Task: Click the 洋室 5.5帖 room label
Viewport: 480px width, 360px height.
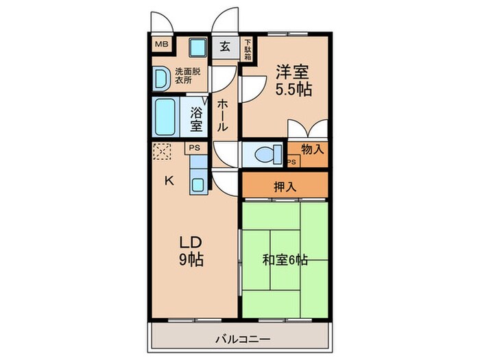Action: click(293, 80)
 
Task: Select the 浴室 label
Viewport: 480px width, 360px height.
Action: click(196, 119)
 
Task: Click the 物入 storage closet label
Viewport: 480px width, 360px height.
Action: click(312, 148)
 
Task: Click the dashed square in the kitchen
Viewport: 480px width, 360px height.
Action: click(162, 151)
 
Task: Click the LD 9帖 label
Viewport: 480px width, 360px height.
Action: click(191, 251)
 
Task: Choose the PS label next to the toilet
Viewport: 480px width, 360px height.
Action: click(292, 162)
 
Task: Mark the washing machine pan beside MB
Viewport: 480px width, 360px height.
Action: click(198, 47)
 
